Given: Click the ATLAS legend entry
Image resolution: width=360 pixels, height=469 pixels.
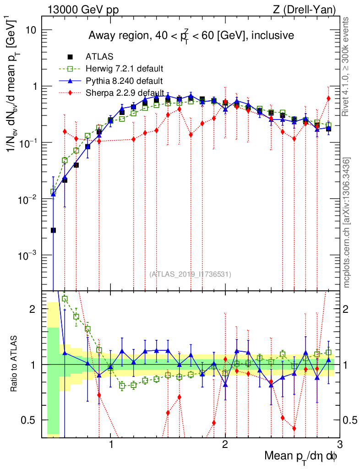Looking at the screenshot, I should pos(97,57).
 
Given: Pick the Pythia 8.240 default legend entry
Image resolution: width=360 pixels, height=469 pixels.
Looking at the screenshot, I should pos(124,82).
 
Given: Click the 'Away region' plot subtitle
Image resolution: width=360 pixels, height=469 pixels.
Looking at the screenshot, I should pos(191,35).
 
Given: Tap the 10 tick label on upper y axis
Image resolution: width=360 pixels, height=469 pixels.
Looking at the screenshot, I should pos(32,30).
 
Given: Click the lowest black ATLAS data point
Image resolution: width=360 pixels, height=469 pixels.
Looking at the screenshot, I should pos(53,230).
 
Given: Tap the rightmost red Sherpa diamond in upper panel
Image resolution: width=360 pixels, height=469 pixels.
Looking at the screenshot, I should pos(328,98).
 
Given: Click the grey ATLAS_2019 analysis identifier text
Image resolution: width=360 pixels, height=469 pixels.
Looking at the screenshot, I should pos(190,274).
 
